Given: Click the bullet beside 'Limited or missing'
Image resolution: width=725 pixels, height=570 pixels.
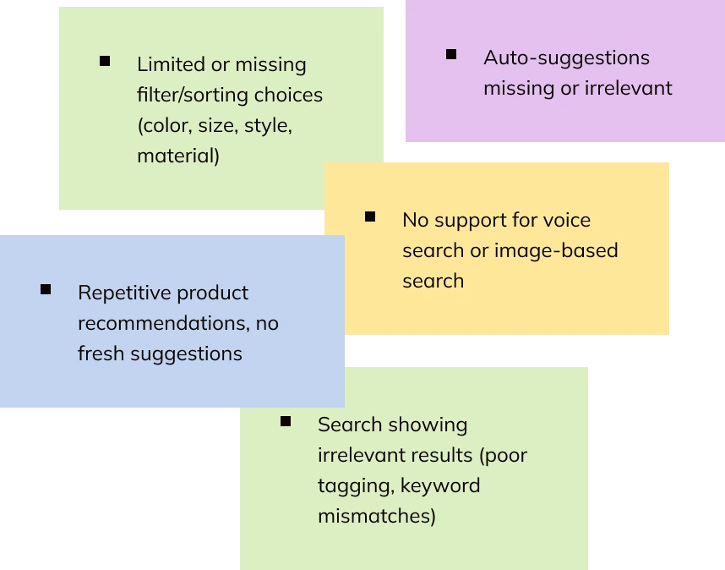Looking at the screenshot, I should (105, 61).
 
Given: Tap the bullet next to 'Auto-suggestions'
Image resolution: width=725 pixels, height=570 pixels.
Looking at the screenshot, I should (451, 54).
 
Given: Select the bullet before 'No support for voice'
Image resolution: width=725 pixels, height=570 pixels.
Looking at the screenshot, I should (370, 216).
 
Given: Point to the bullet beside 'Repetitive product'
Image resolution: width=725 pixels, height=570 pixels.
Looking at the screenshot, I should (46, 289).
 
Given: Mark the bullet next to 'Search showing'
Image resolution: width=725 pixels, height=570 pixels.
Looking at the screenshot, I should (286, 421).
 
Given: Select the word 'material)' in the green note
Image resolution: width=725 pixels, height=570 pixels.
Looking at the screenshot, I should (178, 156).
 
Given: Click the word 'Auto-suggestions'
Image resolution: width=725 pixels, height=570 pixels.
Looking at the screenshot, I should (566, 58).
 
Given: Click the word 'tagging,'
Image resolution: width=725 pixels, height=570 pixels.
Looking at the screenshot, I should (356, 485).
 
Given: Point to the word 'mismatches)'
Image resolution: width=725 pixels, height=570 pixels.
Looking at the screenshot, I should (377, 516).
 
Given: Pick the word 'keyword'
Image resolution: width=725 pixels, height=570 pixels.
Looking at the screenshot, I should (440, 485).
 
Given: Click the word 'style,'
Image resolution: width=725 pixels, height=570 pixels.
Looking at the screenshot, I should (268, 125).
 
